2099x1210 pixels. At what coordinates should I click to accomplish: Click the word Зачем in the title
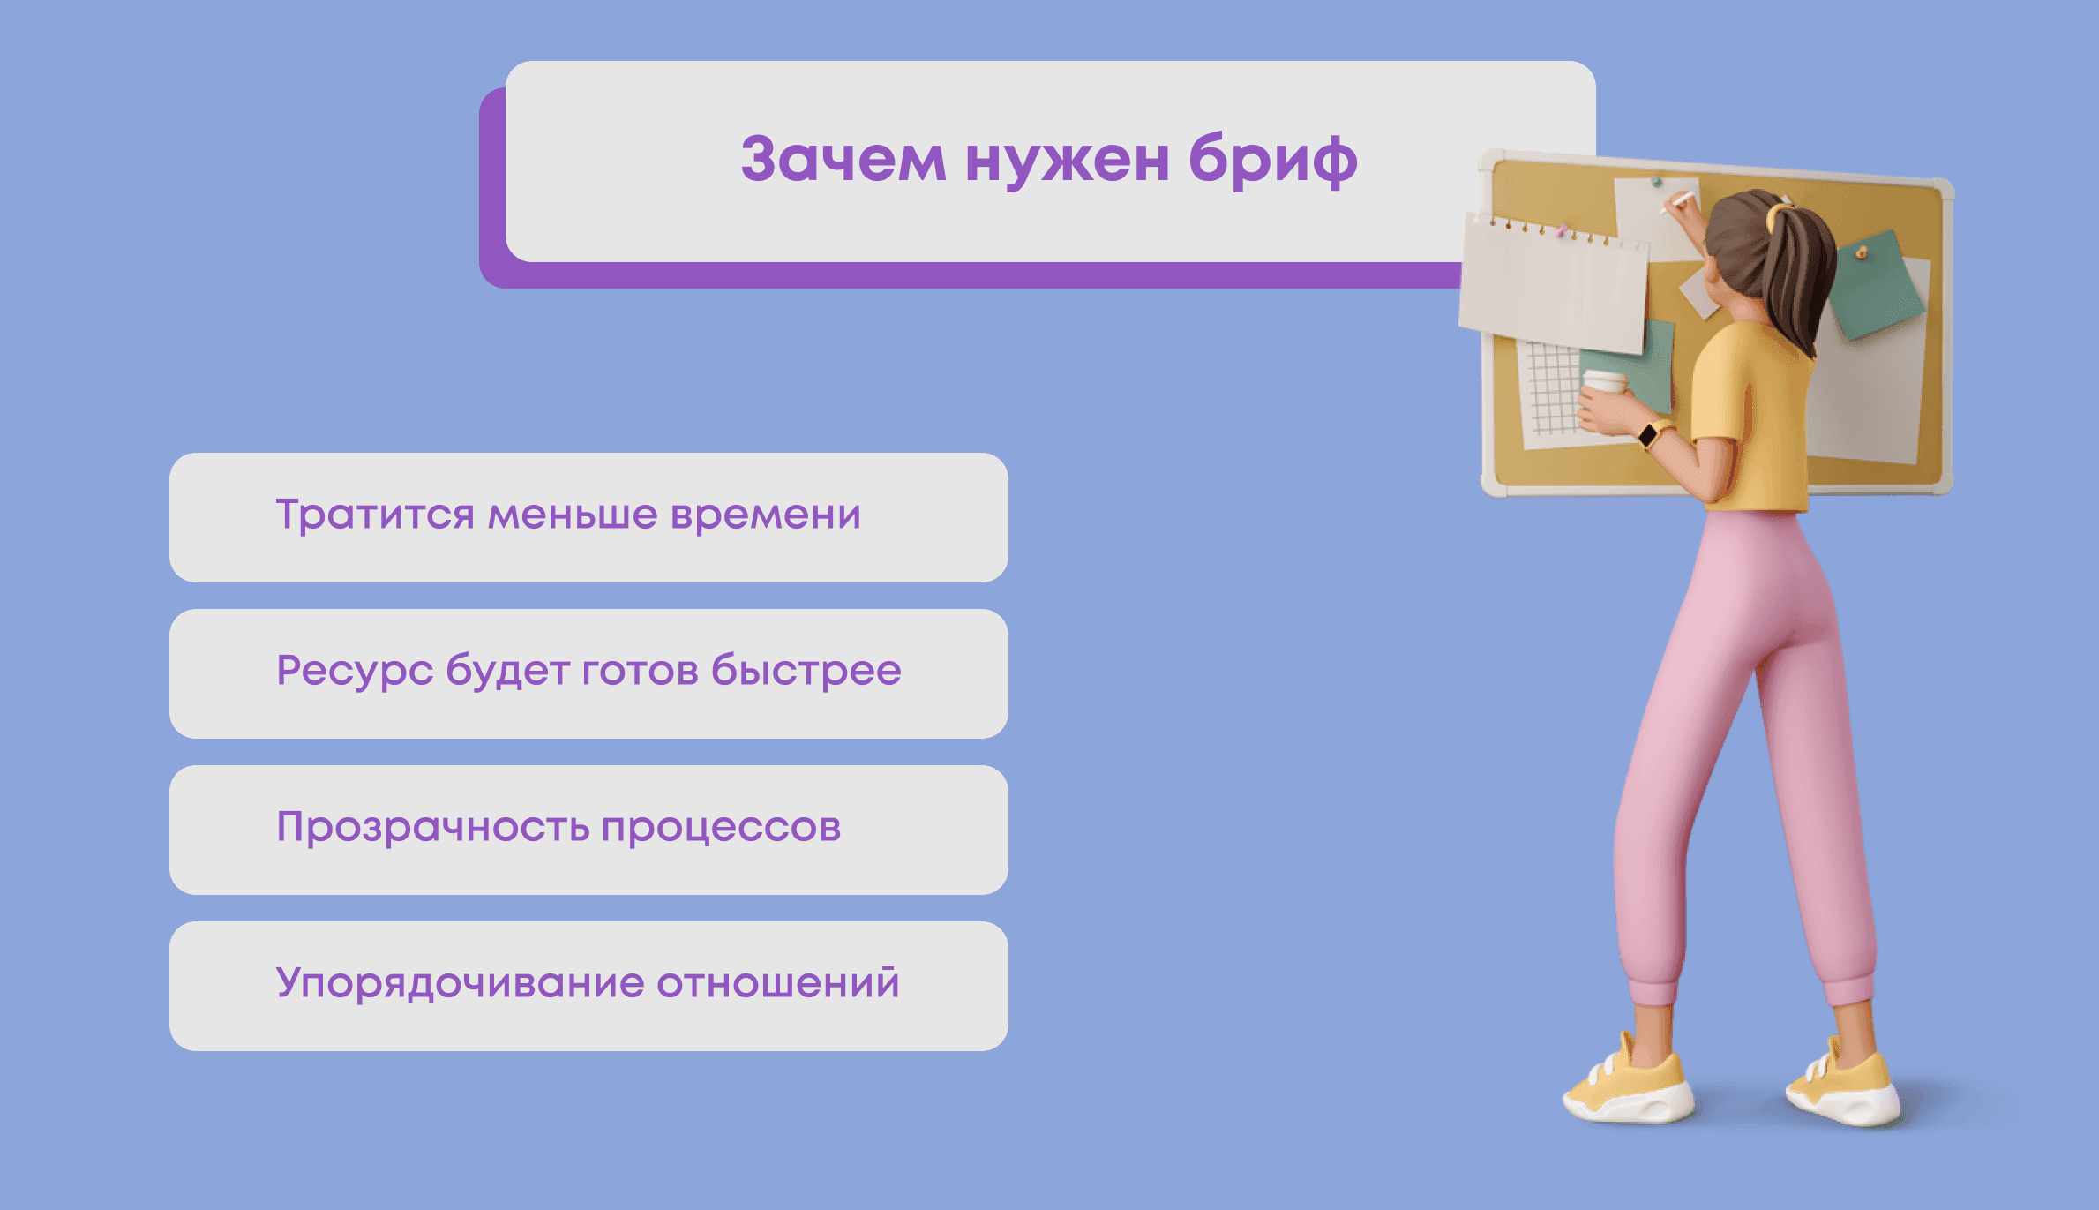pyautogui.click(x=843, y=160)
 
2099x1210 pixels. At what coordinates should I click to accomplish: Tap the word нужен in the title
pyautogui.click(x=1067, y=160)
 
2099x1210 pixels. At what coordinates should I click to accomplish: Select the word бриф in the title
pyautogui.click(x=1272, y=162)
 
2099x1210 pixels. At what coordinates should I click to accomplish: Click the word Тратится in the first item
pyautogui.click(x=375, y=515)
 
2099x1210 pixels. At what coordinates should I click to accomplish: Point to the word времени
pyautogui.click(x=765, y=515)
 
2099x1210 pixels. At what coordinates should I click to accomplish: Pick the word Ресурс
pyautogui.click(x=354, y=671)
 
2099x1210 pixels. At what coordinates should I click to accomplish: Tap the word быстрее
pyautogui.click(x=806, y=671)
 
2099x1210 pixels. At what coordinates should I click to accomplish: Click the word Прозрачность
pyautogui.click(x=432, y=828)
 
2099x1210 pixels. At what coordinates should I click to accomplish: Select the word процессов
pyautogui.click(x=721, y=828)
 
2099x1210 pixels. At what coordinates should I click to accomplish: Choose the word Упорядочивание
pyautogui.click(x=460, y=983)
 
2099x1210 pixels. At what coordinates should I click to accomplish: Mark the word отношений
pyautogui.click(x=777, y=983)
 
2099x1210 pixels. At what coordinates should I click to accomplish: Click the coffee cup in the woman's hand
pyautogui.click(x=1604, y=383)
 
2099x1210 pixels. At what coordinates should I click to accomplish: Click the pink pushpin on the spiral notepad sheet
pyautogui.click(x=1562, y=231)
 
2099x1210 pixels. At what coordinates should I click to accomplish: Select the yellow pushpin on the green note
pyautogui.click(x=1861, y=254)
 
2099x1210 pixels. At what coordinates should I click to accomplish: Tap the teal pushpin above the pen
pyautogui.click(x=1656, y=182)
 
